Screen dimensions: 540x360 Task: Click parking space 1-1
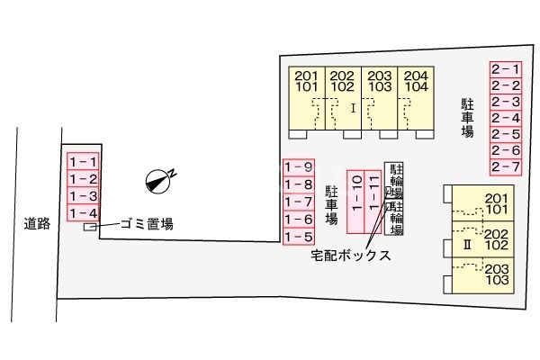coord(83,161)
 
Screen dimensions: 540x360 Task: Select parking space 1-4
coord(83,212)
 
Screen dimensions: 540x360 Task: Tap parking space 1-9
coord(298,166)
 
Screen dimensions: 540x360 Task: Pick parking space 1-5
coord(298,237)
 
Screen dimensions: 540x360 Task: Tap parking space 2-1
coord(506,68)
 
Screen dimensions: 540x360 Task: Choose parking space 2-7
coord(506,167)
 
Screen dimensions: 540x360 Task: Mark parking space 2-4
coord(506,118)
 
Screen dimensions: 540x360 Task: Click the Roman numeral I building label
coord(353,107)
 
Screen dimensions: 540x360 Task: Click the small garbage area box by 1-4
coord(89,226)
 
